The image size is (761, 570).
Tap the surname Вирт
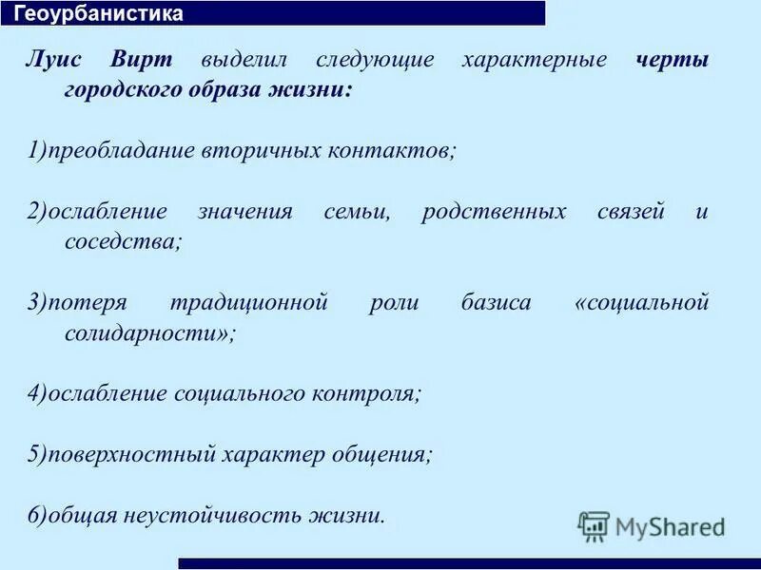pyautogui.click(x=141, y=59)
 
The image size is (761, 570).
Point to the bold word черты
pyautogui.click(x=672, y=59)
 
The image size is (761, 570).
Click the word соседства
pyautogui.click(x=123, y=241)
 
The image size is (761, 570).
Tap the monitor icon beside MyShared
pyautogui.click(x=594, y=526)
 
